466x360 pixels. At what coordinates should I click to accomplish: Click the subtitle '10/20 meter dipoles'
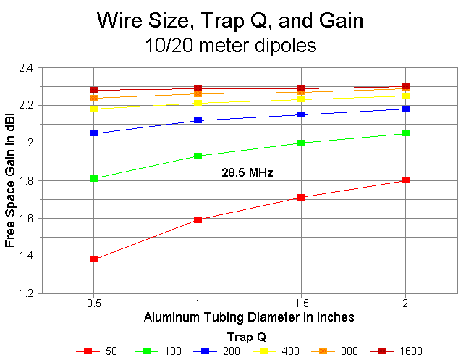point(232,45)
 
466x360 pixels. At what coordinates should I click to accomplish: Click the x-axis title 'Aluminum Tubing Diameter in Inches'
point(249,317)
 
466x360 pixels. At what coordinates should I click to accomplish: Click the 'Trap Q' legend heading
point(249,336)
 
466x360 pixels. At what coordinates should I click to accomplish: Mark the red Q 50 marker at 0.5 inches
point(94,259)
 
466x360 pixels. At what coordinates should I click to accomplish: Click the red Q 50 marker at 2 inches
point(405,180)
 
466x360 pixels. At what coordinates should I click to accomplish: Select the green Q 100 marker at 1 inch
point(198,156)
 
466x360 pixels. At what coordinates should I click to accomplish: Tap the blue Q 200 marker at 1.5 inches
point(302,114)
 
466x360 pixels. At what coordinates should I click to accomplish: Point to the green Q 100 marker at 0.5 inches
point(94,178)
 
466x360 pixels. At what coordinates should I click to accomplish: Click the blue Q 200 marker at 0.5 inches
point(94,133)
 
